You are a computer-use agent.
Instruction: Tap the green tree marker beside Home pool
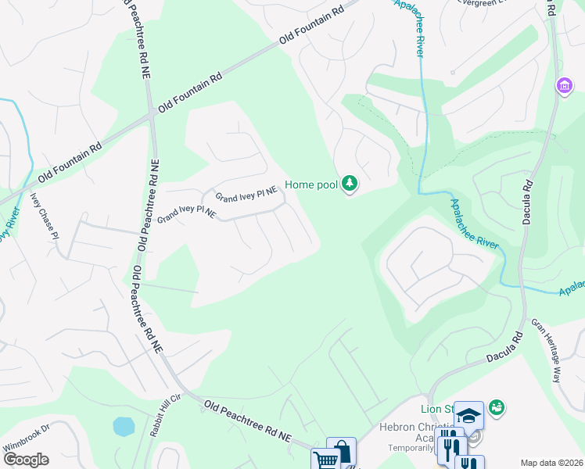tap(350, 184)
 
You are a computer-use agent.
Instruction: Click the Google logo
tap(25, 460)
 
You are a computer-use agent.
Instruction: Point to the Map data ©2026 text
tap(551, 463)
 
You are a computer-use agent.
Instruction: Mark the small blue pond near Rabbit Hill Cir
tap(124, 427)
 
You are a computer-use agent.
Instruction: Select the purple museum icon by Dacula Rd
tap(564, 87)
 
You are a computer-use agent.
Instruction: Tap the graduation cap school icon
tap(468, 415)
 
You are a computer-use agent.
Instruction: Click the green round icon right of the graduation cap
tap(495, 407)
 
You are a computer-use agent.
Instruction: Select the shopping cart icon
tap(325, 460)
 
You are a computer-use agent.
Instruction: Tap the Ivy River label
tap(7, 227)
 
